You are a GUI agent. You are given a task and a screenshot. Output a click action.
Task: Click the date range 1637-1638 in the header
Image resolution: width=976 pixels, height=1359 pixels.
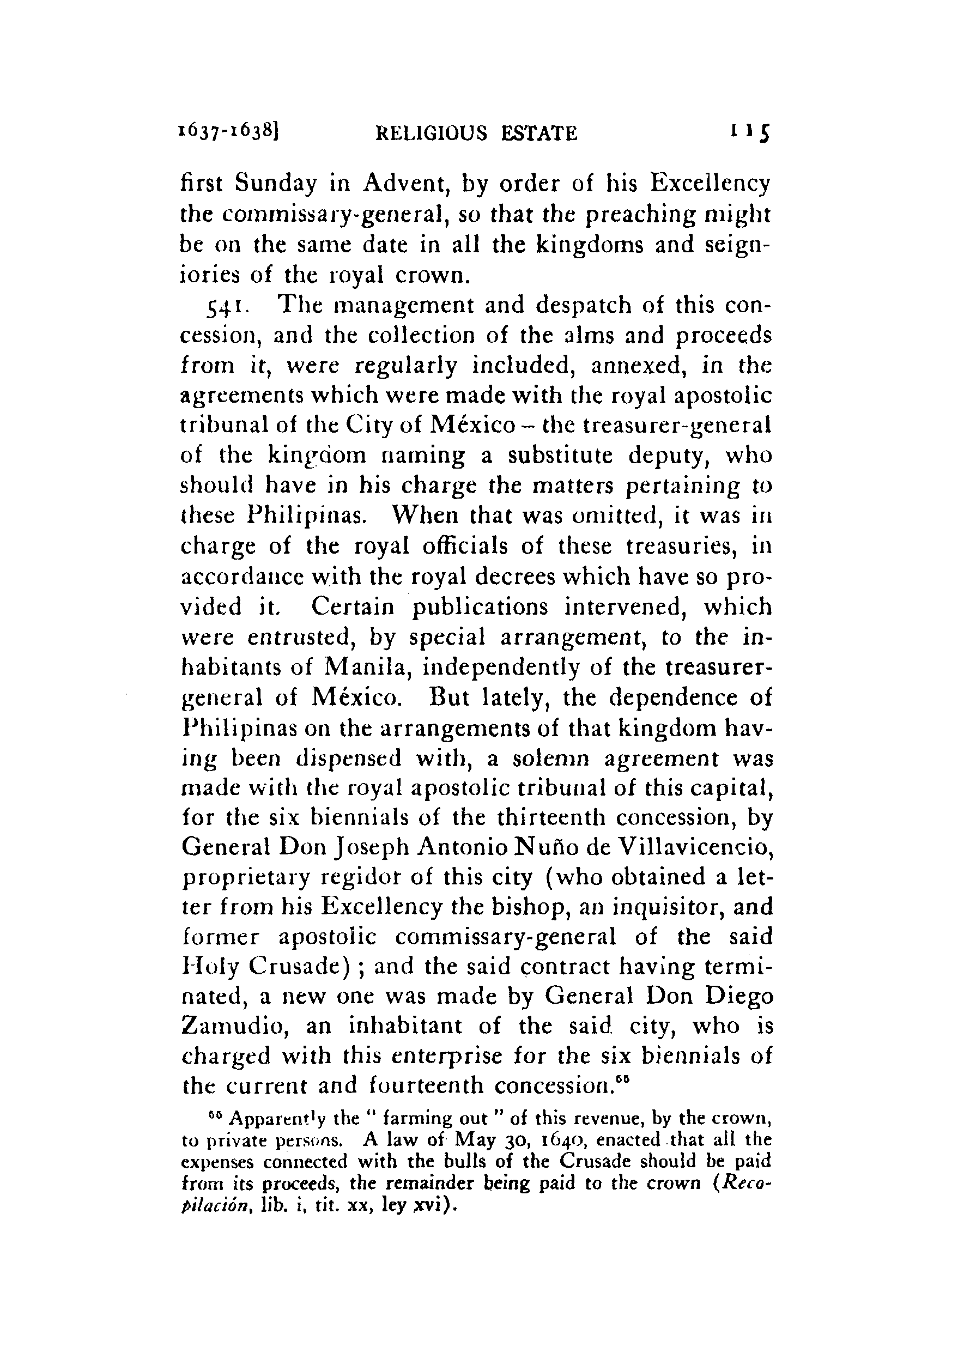click(x=229, y=131)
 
